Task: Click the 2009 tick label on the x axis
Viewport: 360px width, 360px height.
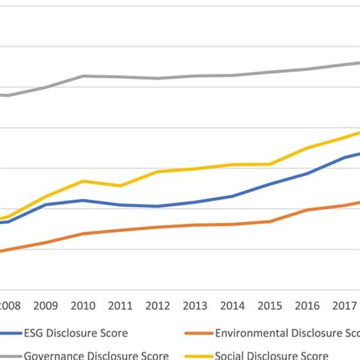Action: pos(45,305)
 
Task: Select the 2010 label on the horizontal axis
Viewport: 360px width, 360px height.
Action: pos(84,305)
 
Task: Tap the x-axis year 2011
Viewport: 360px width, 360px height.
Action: pos(121,305)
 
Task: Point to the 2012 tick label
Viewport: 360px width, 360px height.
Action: pos(158,305)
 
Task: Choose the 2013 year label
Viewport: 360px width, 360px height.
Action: pos(196,305)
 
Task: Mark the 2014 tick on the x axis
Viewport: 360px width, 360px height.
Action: pos(233,305)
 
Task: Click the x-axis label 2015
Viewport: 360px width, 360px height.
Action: pos(270,305)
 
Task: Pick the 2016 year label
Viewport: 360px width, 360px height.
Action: pos(308,305)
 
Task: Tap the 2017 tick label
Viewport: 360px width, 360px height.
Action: pos(345,305)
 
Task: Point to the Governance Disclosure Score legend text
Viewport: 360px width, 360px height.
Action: pos(96,355)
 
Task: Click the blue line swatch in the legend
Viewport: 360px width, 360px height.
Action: pos(10,333)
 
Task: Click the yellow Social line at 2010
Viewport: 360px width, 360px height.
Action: pos(84,181)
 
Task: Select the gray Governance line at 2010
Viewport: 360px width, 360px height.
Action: pos(84,76)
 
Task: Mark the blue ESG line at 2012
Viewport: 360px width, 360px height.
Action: pos(158,206)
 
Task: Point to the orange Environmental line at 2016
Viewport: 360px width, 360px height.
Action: pos(308,210)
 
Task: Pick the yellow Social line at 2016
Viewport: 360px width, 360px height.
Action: pos(308,148)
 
